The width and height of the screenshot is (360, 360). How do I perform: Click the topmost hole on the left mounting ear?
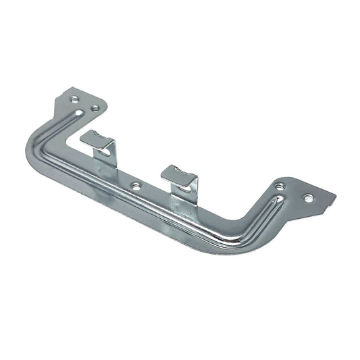click(72, 99)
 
